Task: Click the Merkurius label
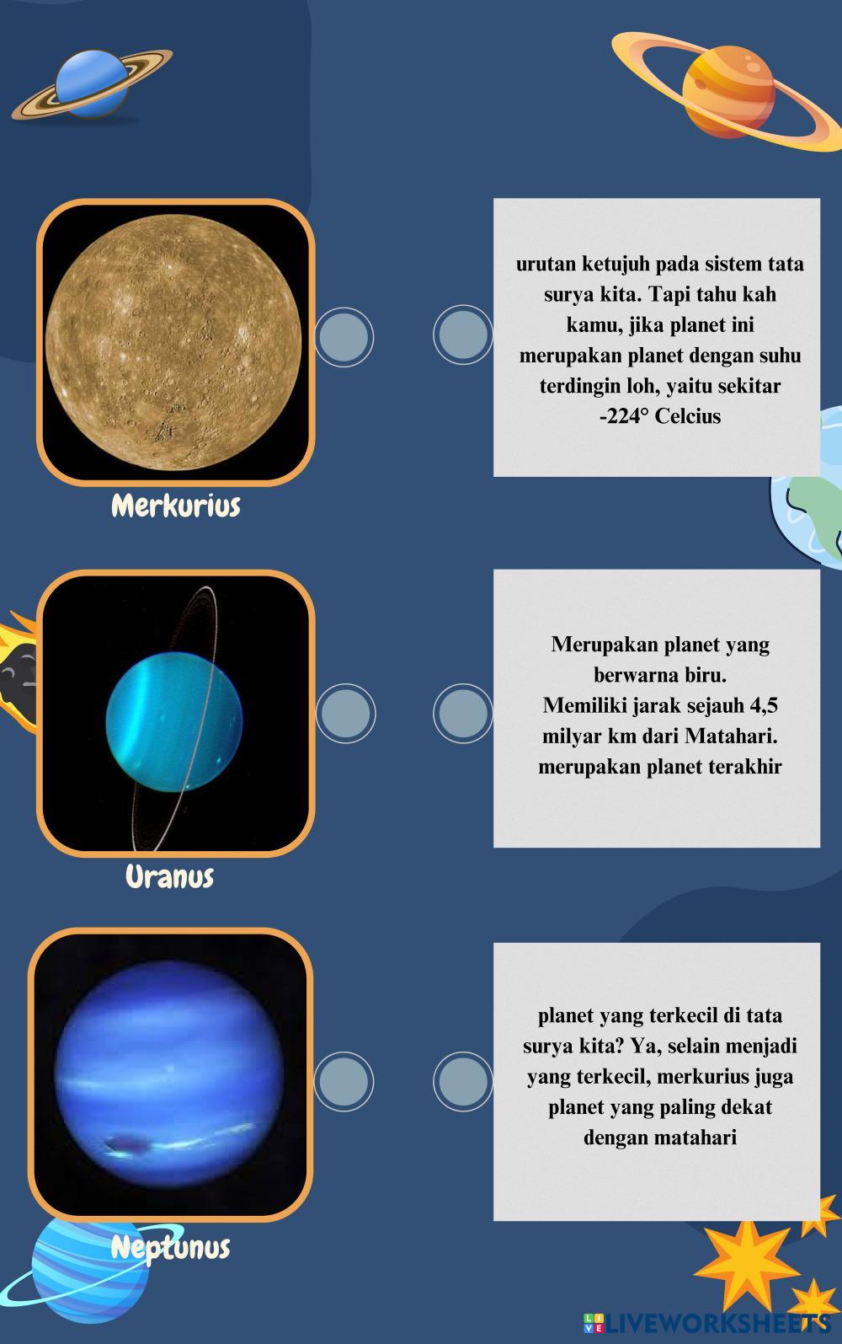click(176, 506)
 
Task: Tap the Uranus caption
click(170, 876)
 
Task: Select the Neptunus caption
click(170, 1248)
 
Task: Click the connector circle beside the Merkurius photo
click(344, 337)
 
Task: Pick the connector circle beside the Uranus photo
click(345, 714)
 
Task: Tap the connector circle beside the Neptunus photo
click(344, 1081)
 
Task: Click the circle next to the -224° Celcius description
click(462, 335)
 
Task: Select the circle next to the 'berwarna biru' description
click(462, 714)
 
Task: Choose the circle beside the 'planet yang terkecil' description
click(462, 1081)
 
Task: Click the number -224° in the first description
click(624, 415)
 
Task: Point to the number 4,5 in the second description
click(764, 705)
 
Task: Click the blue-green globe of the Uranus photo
click(174, 721)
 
